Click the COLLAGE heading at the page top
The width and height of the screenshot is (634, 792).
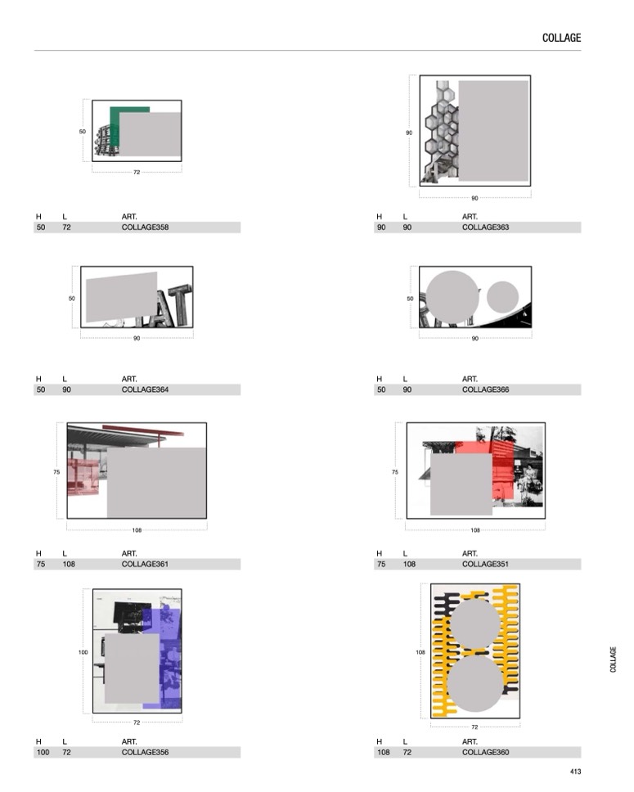[x=561, y=38]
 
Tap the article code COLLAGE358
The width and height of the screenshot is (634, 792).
[x=145, y=227]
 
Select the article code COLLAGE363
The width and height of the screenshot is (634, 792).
[x=485, y=227]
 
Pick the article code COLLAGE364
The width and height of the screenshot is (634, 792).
[x=145, y=389]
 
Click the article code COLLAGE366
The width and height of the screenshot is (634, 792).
[x=485, y=389]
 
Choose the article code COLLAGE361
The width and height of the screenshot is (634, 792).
[x=145, y=564]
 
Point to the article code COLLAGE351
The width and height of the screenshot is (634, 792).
[x=485, y=564]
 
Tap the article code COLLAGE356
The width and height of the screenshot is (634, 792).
[x=145, y=752]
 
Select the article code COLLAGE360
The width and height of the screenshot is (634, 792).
[x=485, y=752]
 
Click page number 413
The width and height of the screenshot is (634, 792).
[x=575, y=772]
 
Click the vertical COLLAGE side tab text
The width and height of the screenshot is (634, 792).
[x=614, y=659]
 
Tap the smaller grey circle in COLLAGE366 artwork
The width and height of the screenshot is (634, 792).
[x=502, y=297]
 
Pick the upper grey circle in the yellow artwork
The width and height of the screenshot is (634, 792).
[x=474, y=623]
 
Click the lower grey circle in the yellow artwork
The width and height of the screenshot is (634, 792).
[x=474, y=683]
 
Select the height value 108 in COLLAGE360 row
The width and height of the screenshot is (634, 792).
[x=384, y=752]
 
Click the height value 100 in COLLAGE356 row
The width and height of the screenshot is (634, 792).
[x=43, y=752]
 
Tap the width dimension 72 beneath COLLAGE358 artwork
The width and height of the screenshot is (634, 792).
[x=137, y=173]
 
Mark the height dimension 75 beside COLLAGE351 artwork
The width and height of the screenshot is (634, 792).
[x=395, y=472]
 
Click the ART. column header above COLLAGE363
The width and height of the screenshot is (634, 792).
[x=470, y=217]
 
